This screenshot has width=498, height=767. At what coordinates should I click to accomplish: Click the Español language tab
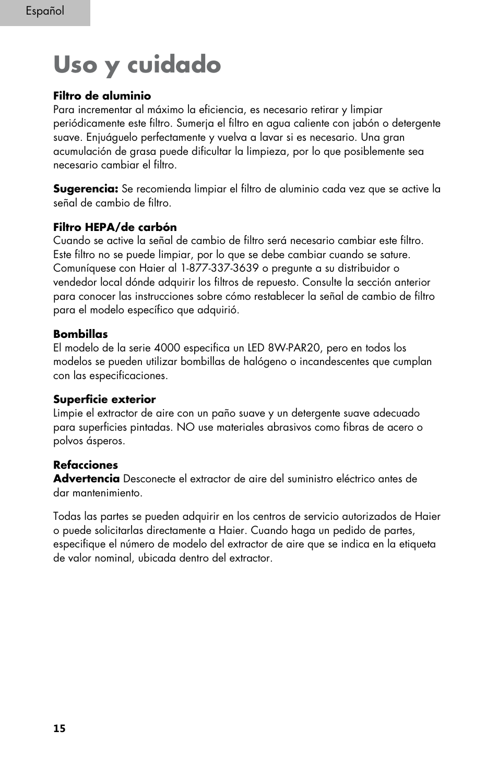(x=45, y=11)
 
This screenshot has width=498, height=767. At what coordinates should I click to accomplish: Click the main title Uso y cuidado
(x=137, y=65)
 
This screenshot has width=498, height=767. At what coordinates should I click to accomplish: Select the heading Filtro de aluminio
(x=102, y=96)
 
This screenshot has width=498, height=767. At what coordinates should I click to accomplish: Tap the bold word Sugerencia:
(x=86, y=189)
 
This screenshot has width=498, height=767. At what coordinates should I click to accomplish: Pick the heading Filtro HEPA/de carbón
(x=115, y=227)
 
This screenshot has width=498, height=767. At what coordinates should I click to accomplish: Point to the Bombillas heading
(x=80, y=334)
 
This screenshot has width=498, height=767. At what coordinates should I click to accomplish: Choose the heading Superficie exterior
(x=104, y=399)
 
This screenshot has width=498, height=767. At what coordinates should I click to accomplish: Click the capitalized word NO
(x=184, y=427)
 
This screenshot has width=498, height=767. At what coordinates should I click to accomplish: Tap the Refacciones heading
(x=86, y=465)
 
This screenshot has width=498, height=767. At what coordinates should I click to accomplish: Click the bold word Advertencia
(x=86, y=479)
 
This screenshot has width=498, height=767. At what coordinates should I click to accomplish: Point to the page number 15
(x=60, y=728)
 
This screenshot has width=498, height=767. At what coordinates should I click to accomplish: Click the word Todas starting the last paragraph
(x=67, y=517)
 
